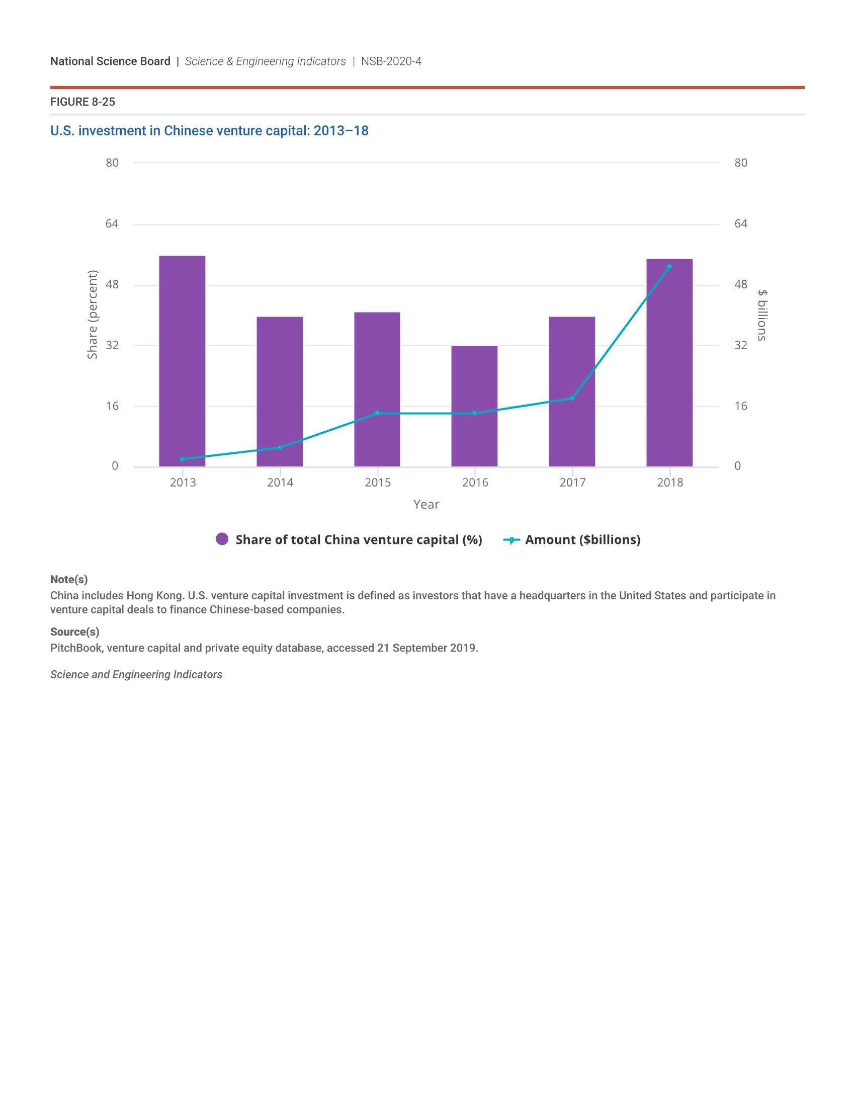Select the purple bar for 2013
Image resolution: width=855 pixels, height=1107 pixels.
coord(182,361)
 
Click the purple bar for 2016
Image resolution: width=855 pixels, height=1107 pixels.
coord(474,406)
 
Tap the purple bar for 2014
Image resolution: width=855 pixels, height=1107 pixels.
coord(280,391)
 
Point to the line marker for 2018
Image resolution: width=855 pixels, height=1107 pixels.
coord(669,267)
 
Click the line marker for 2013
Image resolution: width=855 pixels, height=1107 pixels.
coord(182,459)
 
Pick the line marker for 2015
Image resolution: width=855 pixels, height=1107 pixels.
coord(377,413)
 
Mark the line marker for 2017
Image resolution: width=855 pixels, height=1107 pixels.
coord(572,399)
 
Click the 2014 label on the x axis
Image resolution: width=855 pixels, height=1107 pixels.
coord(280,483)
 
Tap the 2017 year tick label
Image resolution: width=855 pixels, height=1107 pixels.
coord(572,483)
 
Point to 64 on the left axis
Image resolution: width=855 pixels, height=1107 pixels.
coord(112,223)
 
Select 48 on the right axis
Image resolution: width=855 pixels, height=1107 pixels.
coord(740,284)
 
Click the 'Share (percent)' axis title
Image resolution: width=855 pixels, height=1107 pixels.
coord(92,314)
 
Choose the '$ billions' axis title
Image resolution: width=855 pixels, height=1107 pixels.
coord(762,315)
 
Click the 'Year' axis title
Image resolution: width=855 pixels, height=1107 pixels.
coord(426,504)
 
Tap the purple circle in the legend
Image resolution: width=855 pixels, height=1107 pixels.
coord(222,539)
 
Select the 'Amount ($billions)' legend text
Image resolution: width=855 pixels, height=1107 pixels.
coord(582,540)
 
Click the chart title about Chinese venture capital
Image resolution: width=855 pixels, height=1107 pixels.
coord(209,131)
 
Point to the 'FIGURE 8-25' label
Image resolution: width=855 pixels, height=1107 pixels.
coord(82,102)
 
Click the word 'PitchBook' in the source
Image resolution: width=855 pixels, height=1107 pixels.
coord(76,648)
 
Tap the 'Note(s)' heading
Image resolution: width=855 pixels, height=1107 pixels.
coord(69,579)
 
